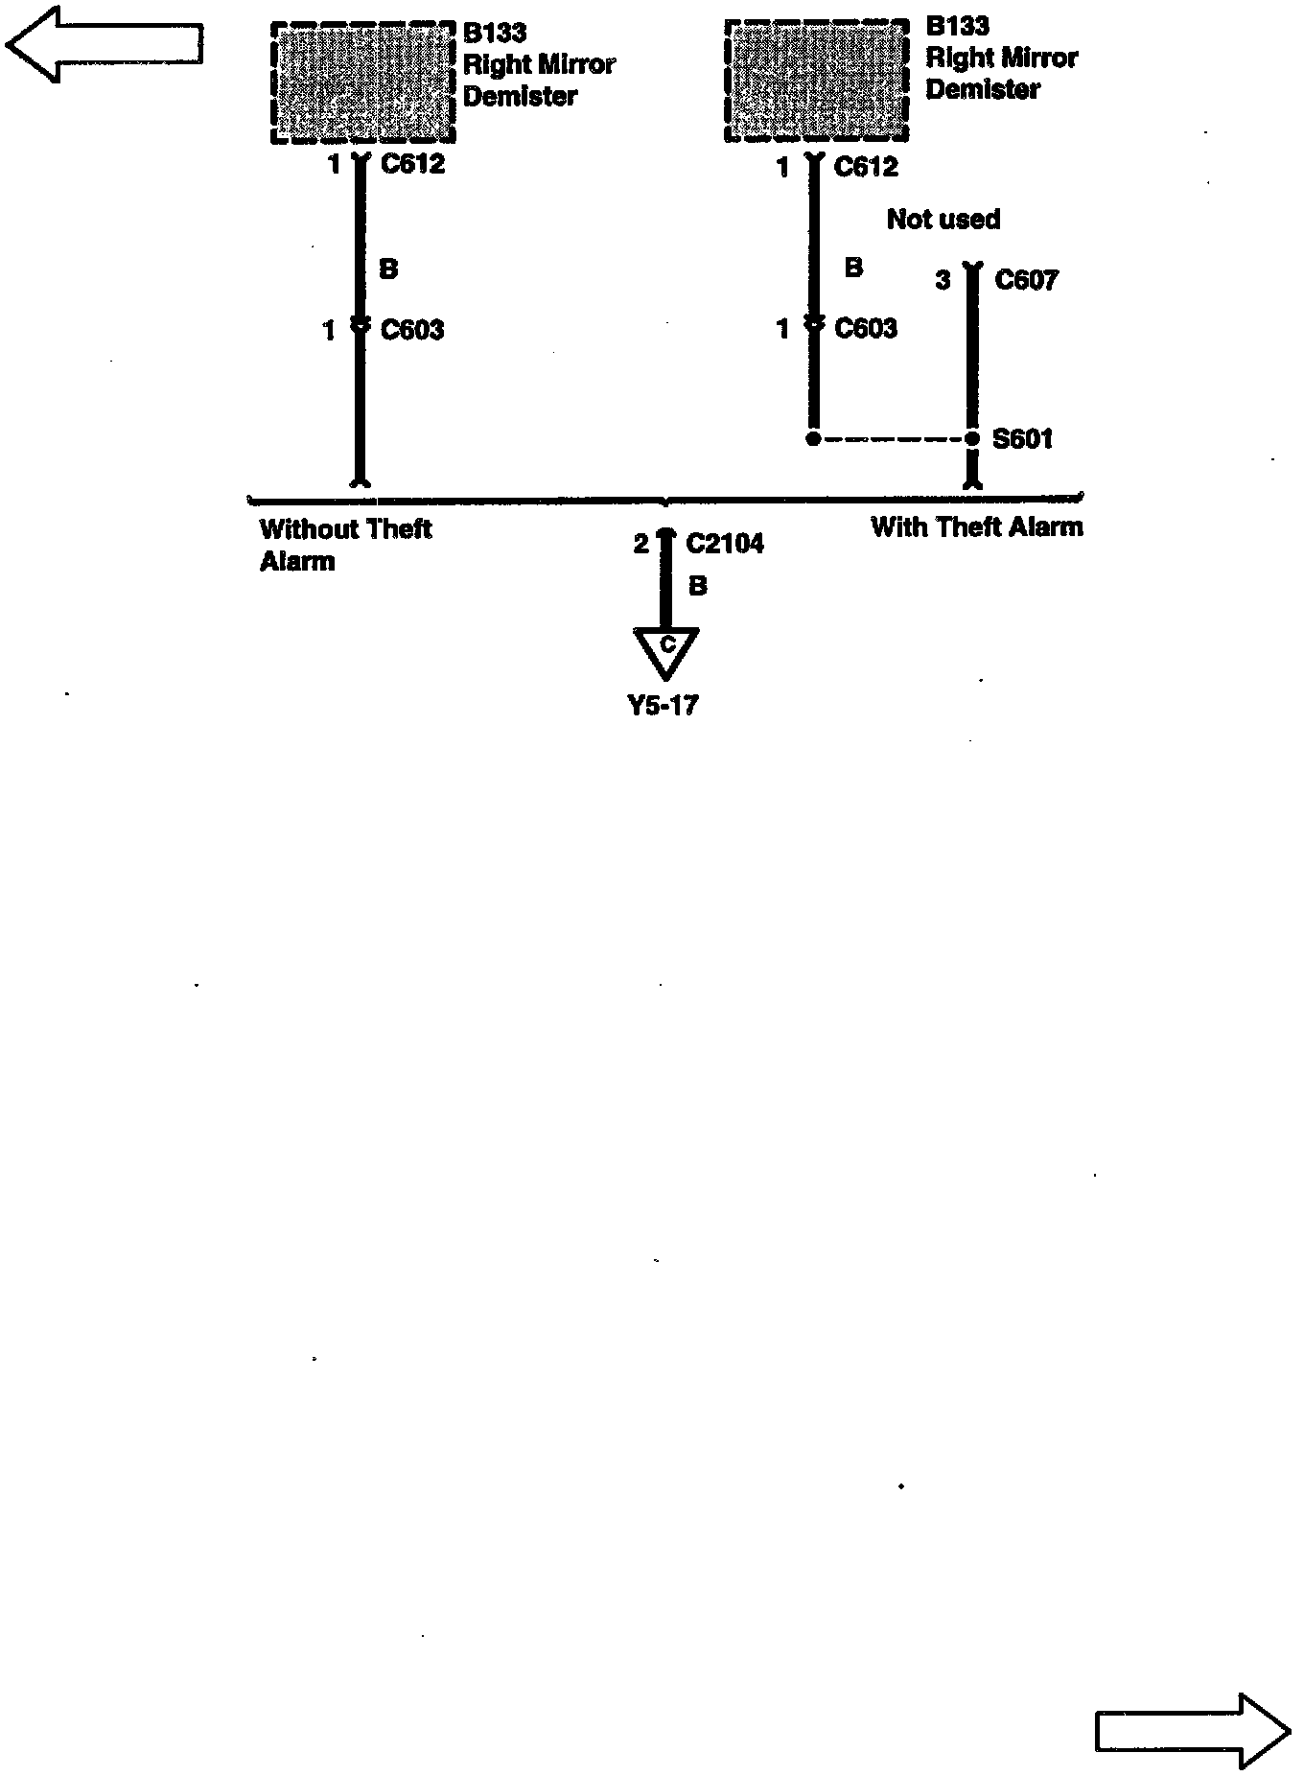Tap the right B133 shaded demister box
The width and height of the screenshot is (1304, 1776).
point(815,82)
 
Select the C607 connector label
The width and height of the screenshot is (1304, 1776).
point(1026,280)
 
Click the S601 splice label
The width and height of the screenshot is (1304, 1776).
point(1022,439)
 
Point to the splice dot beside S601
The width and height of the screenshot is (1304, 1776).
point(972,439)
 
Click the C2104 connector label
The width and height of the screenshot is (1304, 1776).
point(725,544)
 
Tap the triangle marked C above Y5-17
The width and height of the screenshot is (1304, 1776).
point(666,650)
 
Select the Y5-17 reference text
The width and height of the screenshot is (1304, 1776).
point(663,706)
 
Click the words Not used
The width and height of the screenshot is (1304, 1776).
point(943,220)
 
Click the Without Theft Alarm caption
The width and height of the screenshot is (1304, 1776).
point(345,545)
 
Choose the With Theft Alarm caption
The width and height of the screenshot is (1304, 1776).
point(976,526)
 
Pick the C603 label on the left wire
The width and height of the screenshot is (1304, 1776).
point(412,331)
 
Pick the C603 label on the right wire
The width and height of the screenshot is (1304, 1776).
point(866,329)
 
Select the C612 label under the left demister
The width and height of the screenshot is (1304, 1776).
point(412,164)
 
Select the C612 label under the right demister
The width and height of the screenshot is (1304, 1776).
point(866,167)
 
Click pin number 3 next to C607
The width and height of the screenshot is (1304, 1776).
point(943,280)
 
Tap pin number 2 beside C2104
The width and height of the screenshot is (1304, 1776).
point(641,545)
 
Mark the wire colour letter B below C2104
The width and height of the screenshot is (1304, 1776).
point(698,586)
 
